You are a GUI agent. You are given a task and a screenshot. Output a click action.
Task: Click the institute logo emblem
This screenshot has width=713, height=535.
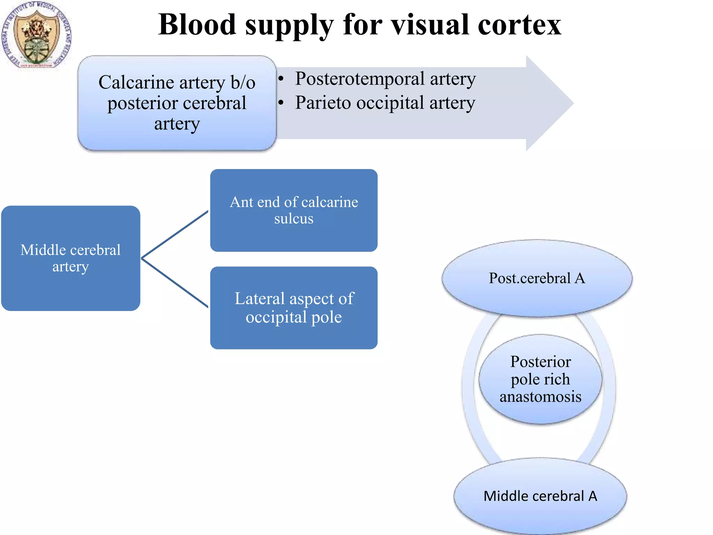click(37, 35)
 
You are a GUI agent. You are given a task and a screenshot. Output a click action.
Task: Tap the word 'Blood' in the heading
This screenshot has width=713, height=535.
click(197, 25)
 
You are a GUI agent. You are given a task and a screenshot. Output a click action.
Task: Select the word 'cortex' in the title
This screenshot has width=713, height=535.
click(519, 25)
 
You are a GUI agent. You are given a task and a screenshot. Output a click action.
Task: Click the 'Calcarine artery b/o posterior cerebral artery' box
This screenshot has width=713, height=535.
click(177, 103)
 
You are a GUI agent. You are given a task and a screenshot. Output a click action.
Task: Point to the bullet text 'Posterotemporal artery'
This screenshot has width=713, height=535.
click(385, 79)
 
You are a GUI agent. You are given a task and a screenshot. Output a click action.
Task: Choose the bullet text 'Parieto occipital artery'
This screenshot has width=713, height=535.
click(385, 103)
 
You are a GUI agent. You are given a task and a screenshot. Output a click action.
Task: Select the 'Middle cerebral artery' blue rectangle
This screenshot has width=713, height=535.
click(71, 258)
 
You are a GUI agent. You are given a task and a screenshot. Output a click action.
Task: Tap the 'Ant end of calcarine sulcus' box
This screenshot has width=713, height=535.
click(293, 210)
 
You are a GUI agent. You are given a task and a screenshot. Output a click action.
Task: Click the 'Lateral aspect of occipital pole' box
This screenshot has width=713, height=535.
click(293, 308)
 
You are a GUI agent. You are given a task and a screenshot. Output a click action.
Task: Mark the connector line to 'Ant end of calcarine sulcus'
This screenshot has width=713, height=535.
click(174, 235)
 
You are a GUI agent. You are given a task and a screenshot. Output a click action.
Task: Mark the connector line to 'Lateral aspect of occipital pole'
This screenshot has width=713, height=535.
click(174, 283)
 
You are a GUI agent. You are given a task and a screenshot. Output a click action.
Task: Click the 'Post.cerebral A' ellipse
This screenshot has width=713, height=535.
click(537, 278)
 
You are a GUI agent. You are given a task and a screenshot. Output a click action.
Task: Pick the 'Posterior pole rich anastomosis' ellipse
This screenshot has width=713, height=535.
click(540, 379)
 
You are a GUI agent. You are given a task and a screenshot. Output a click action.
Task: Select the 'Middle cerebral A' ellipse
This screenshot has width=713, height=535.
click(540, 496)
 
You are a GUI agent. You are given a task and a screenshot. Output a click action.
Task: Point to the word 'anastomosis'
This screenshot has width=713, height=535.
click(540, 397)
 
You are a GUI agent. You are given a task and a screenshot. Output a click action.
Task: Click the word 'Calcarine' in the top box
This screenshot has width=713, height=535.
click(136, 83)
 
